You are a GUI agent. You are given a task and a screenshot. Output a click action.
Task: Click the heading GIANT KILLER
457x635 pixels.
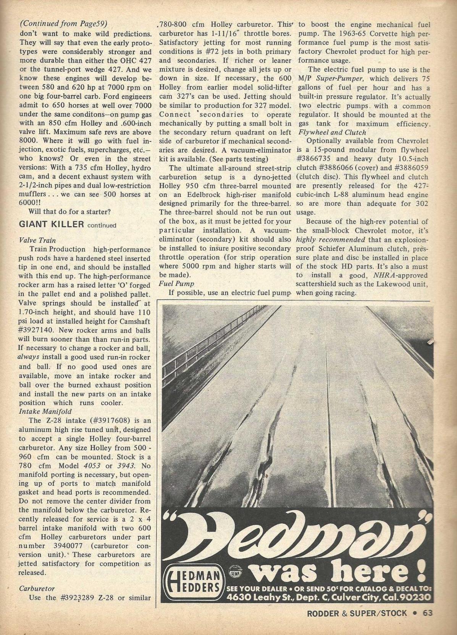[51, 224]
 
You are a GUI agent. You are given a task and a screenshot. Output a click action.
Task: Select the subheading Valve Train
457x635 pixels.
[37, 240]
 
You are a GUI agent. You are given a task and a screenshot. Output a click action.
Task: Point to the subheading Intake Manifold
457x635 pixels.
[45, 411]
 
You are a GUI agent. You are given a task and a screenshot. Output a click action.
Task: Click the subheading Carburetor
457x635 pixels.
[37, 588]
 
